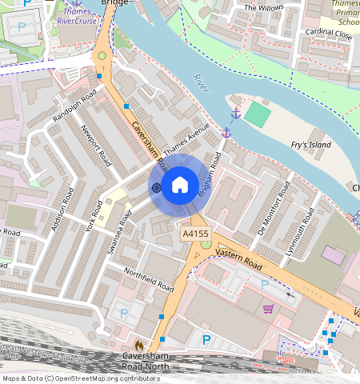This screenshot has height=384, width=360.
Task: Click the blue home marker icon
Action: [180, 186]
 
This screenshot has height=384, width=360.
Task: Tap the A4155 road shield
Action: [195, 234]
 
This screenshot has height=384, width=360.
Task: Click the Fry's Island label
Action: [311, 146]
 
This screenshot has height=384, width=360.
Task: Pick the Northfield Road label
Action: [149, 279]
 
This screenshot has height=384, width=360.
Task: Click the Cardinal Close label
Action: [328, 34]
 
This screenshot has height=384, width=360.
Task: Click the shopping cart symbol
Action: [268, 308]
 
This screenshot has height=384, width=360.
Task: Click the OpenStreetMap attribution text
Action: [81, 378]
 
